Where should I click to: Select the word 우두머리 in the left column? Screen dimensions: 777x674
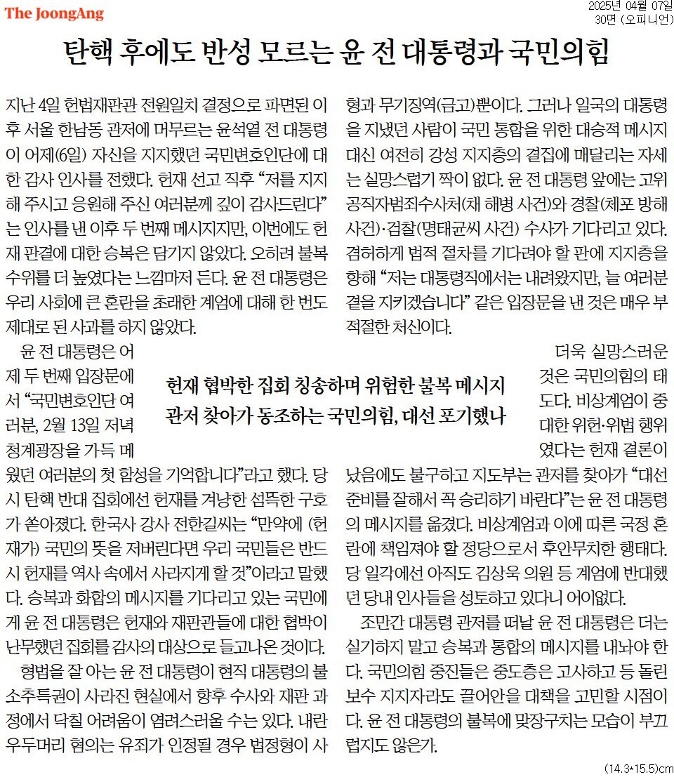pos(37,743)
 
